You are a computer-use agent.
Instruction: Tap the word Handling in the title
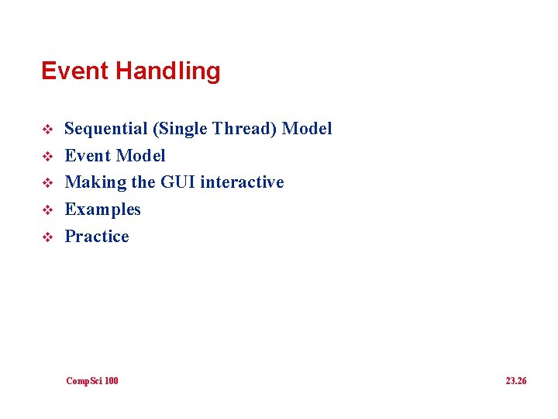[x=167, y=71]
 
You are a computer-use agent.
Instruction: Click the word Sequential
[x=105, y=129]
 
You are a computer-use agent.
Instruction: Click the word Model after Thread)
[x=307, y=129]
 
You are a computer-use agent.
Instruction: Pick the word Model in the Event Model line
[x=140, y=156]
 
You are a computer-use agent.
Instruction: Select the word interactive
[x=242, y=182]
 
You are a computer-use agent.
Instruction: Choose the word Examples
[x=102, y=209]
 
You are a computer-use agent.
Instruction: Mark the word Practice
[x=97, y=236]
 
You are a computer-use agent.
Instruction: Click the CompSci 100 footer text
[x=92, y=381]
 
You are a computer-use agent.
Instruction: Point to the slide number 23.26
[x=515, y=381]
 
